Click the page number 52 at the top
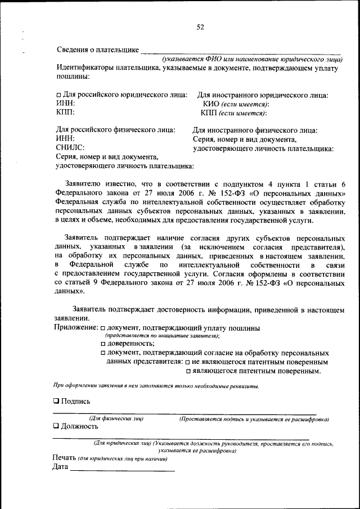[200, 26]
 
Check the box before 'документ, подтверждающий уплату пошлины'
[103, 328]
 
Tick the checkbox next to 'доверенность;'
[103, 344]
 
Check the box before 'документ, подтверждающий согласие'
[103, 353]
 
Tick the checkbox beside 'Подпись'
[56, 402]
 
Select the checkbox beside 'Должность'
[56, 426]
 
